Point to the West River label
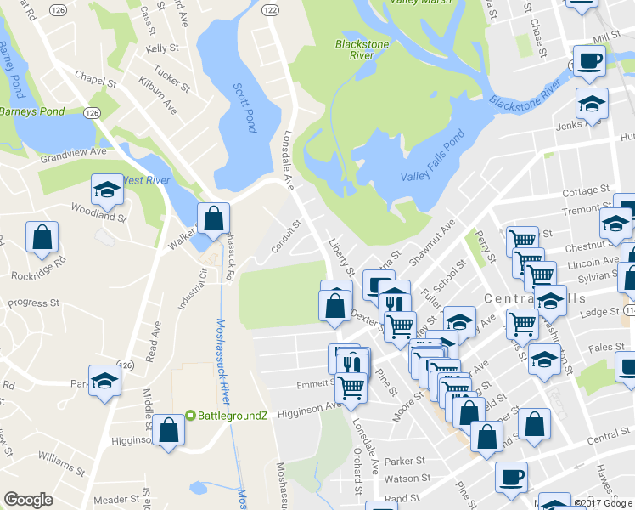point(147,180)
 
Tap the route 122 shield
point(269,8)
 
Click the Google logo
point(29,500)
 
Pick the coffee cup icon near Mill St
point(590,61)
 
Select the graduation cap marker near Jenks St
point(592,105)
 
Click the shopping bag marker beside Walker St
point(212,219)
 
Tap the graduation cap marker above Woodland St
point(107,190)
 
